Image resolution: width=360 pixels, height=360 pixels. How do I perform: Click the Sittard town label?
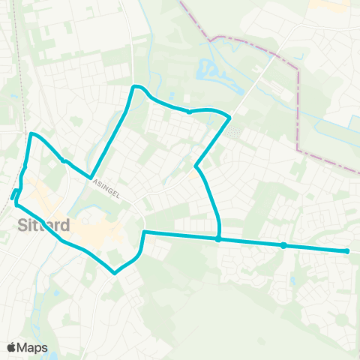tap(43, 225)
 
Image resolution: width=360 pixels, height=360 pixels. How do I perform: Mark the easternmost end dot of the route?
tap(347, 251)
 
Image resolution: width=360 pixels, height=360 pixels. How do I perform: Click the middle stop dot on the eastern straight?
tap(283, 245)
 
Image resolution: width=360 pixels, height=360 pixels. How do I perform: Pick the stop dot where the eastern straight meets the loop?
tap(217, 240)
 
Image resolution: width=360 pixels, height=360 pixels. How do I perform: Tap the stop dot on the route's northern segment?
tap(189, 112)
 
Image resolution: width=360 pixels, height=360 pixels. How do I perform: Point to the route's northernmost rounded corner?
tap(136, 87)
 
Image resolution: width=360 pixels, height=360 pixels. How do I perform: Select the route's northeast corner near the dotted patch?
tap(228, 117)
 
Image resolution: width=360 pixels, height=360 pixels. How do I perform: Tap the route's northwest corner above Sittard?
tap(31, 135)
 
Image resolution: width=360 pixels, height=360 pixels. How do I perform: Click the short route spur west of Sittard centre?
tap(14, 195)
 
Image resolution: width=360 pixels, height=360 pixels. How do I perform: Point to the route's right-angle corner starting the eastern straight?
tap(143, 233)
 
